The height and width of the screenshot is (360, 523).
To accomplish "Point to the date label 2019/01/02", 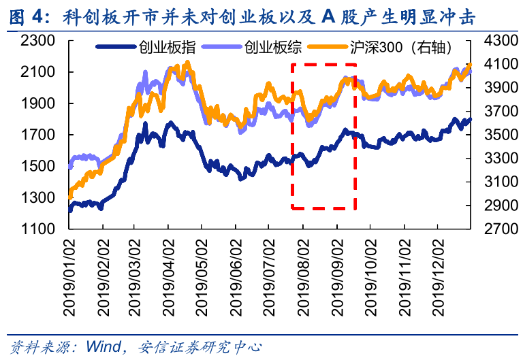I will (x=70, y=276).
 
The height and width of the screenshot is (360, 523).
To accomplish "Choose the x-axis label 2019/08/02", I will (x=303, y=276).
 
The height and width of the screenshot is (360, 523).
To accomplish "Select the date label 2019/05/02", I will (x=203, y=276).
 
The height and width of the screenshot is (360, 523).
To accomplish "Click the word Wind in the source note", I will (x=103, y=346).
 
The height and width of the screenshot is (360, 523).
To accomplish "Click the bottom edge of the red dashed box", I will (x=323, y=208).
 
